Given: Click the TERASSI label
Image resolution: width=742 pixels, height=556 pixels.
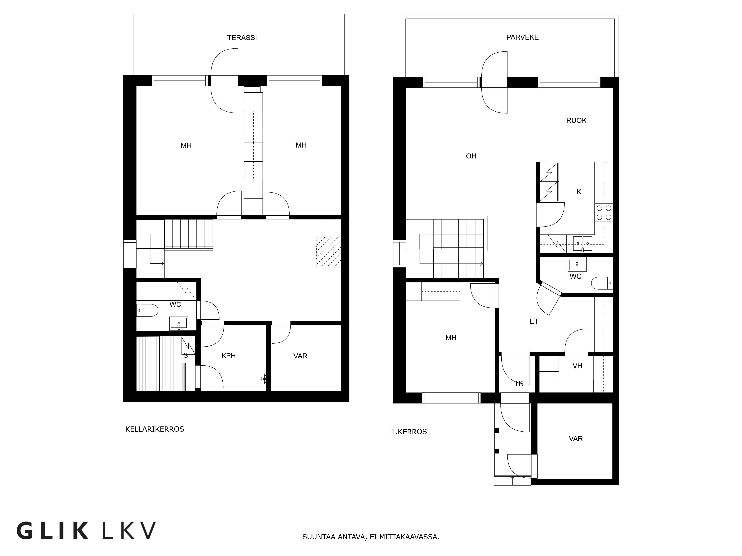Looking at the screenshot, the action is [242, 38].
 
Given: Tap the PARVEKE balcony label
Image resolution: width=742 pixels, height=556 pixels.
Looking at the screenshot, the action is [522, 37].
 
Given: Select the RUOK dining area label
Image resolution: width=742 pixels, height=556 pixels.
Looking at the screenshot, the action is [576, 120].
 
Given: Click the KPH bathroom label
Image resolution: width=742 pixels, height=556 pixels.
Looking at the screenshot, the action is [228, 356].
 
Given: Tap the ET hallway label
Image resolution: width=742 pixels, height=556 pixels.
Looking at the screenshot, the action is [534, 321].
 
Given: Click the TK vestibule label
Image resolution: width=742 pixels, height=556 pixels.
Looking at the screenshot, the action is [519, 383].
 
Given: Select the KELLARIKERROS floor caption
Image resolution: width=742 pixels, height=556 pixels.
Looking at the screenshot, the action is [155, 429].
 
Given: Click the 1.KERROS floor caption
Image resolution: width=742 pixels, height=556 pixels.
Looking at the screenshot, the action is [409, 432].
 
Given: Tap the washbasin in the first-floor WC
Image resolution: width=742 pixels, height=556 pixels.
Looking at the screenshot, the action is [577, 264].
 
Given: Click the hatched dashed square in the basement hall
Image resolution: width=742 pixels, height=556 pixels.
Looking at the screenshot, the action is [329, 252].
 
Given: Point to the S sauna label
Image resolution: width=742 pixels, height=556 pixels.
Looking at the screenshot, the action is [185, 355].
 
